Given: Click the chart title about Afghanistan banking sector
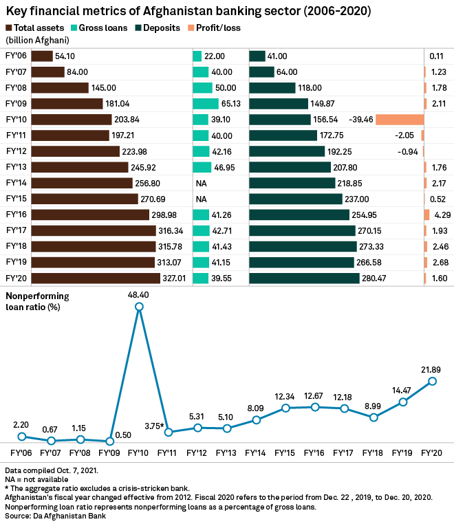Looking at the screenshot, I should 188,12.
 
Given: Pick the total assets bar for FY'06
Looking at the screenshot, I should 42,56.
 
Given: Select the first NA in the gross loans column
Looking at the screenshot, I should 202,183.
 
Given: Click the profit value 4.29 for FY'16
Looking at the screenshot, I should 442,215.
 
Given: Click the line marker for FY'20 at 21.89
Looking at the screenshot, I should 433,381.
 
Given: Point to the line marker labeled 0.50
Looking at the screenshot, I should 110,441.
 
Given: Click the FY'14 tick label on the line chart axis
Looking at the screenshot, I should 257,454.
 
